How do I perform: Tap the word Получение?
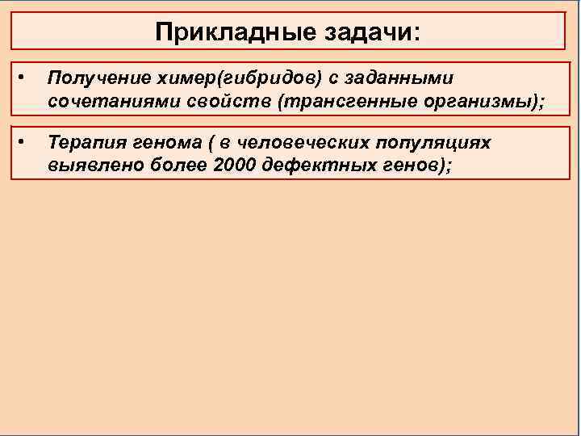pos(95,78)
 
